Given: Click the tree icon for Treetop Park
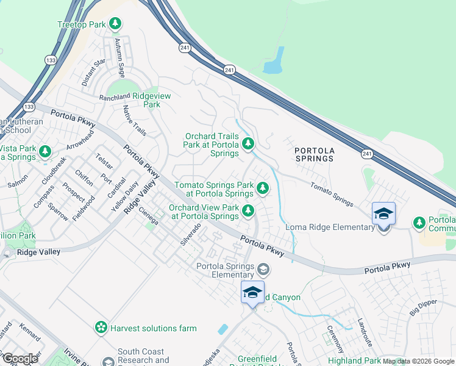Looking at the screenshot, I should (115, 24).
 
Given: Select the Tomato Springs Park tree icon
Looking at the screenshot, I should (263, 188).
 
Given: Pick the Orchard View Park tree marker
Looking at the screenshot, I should (248, 211).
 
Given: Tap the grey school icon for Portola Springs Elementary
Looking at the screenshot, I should (263, 269).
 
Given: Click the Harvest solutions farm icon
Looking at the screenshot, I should (101, 328).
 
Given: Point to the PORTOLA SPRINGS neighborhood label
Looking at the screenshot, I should (314, 154).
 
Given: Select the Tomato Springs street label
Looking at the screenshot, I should (332, 194).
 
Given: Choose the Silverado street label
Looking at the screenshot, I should (190, 234).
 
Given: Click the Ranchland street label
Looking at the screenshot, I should (115, 97).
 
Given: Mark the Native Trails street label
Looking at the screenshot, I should (135, 120).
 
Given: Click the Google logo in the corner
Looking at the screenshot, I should (21, 359).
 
